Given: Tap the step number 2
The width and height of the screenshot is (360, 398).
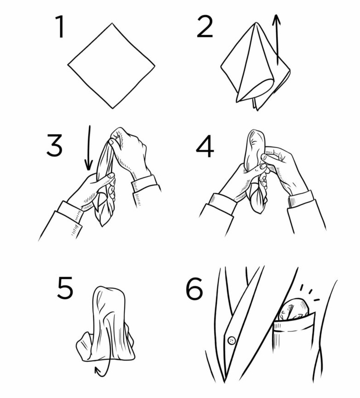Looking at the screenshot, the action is tap(205, 27).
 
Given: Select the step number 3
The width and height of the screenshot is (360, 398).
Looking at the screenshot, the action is tap(54, 146).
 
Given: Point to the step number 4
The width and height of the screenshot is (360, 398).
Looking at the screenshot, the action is tap(205, 147).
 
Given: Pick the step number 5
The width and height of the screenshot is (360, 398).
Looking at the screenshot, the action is tap(65, 288).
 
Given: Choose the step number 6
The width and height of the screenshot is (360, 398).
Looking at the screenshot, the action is tap(194, 288).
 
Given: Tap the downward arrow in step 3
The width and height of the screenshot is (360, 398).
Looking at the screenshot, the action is tap(89, 147).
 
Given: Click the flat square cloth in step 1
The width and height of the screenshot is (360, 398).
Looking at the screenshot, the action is tap(111, 66).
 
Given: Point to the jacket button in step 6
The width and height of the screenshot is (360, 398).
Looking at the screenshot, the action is tap(232, 340).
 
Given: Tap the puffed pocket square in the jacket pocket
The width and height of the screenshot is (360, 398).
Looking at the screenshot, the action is tap(294, 310).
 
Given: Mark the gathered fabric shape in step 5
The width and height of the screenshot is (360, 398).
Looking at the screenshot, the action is tap(106, 325).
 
